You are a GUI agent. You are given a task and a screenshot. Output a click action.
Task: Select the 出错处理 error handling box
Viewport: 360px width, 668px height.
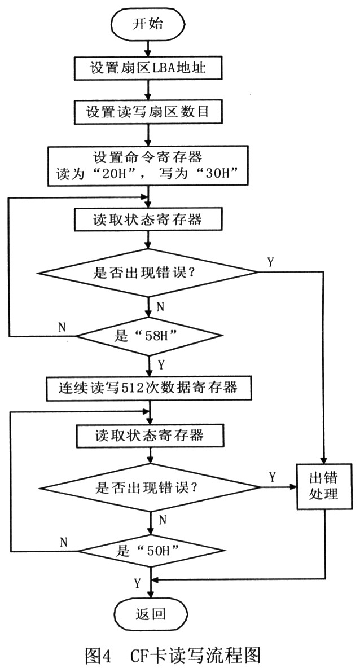(x=324, y=486)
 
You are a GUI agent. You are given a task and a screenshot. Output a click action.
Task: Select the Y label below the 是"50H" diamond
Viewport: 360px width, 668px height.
(x=137, y=582)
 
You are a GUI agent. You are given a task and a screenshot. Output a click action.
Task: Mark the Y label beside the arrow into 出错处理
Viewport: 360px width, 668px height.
(x=273, y=477)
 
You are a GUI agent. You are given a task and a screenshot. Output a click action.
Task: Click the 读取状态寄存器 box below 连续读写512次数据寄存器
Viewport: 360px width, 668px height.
(x=149, y=435)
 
